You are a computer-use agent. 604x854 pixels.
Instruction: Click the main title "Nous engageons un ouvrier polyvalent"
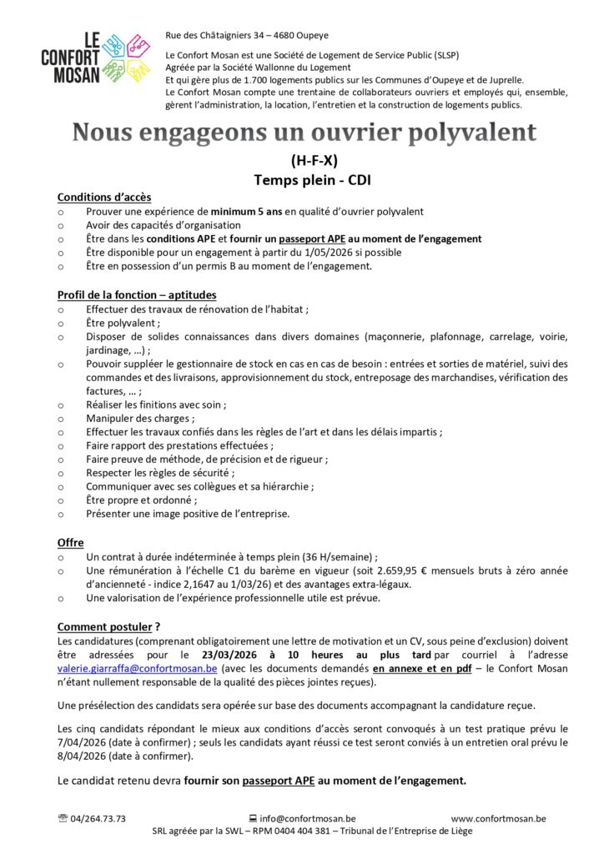(x=304, y=133)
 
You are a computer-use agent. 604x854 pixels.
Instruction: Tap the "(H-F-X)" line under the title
(x=304, y=160)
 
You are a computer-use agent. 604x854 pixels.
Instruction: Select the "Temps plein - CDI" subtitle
(x=304, y=178)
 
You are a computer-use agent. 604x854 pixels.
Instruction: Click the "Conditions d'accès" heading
(x=104, y=198)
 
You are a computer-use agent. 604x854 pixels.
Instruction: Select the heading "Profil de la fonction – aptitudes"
(x=137, y=294)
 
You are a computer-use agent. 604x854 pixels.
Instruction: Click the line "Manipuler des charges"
(x=139, y=418)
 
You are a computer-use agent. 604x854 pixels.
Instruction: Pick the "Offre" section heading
(x=70, y=543)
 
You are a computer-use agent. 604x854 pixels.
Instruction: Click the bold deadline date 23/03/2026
(x=226, y=655)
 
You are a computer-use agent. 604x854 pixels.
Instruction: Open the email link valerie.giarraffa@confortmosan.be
(x=138, y=669)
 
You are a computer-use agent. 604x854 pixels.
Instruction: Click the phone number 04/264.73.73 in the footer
(x=98, y=819)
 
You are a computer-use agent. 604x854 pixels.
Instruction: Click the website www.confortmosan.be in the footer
(x=499, y=819)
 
